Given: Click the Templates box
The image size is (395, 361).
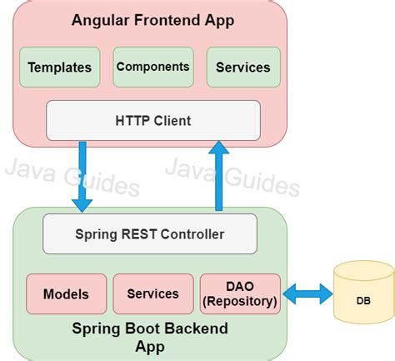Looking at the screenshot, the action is click(59, 67).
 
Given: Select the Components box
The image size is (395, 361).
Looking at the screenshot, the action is click(153, 67).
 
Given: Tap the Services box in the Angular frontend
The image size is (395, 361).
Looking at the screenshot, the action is click(243, 67).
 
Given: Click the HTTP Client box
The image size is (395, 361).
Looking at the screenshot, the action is click(153, 121).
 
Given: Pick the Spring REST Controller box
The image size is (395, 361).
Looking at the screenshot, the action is click(150, 233).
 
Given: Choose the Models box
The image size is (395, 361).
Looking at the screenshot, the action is click(67, 293).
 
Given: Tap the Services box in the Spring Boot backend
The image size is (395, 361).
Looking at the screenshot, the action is click(153, 293).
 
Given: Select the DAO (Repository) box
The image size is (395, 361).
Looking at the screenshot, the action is click(240, 293).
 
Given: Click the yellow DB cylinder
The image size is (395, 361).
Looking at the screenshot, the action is click(364, 293).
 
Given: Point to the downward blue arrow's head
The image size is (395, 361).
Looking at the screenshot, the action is click(82, 205).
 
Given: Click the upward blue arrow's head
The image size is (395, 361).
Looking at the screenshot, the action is click(219, 148).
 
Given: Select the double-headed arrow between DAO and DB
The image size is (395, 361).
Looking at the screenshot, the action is click(307, 293).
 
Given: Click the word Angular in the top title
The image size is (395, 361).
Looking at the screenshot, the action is click(101, 21).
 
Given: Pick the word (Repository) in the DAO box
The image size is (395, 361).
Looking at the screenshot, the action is click(240, 301).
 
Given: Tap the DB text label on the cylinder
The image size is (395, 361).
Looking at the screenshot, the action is click(363, 301).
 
